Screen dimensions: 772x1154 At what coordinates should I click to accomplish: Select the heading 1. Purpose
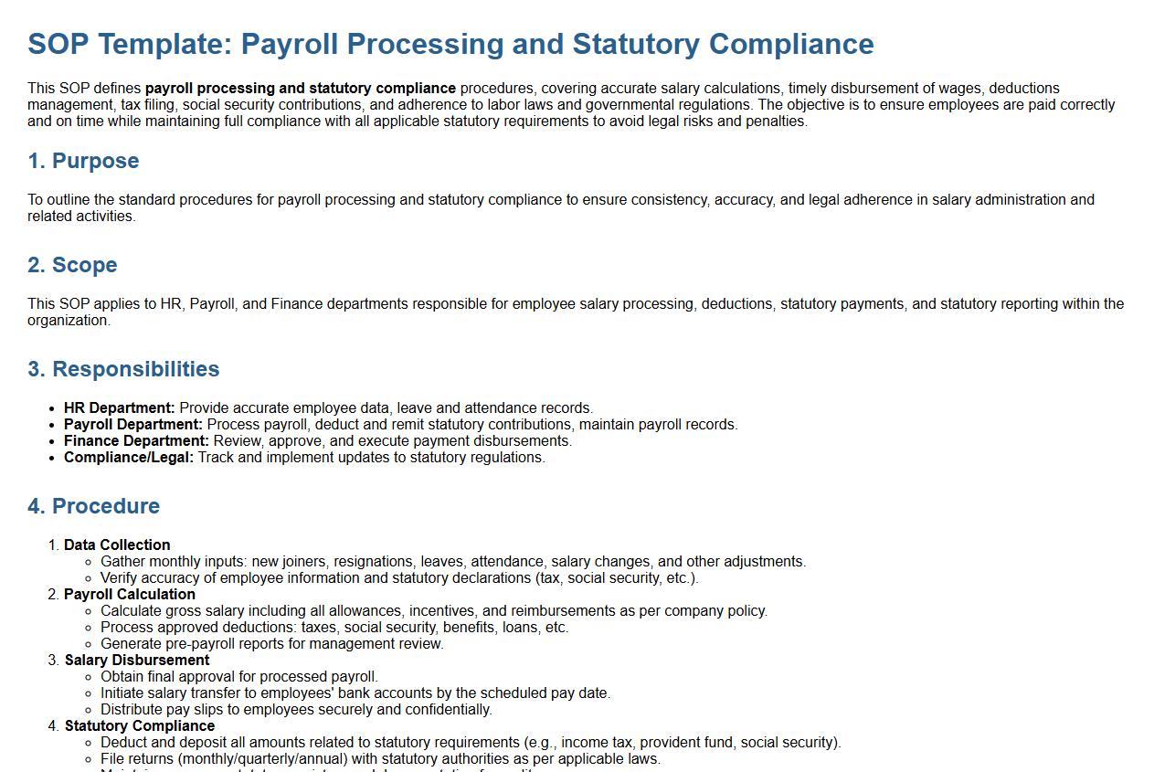[83, 161]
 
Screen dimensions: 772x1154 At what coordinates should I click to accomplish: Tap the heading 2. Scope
[72, 265]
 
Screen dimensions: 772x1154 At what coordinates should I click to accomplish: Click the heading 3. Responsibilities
[123, 369]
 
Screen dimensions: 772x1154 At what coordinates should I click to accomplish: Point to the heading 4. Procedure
[93, 506]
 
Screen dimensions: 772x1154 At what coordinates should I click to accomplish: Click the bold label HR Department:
[119, 408]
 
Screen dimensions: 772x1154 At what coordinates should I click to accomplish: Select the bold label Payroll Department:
[133, 425]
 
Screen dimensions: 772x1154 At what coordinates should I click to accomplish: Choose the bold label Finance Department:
[136, 441]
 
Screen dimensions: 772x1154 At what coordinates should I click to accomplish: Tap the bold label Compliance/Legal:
[129, 458]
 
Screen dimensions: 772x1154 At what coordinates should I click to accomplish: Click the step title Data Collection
[117, 545]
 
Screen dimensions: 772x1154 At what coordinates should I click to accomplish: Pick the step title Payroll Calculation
[130, 595]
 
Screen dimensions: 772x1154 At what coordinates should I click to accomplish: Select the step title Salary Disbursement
[137, 661]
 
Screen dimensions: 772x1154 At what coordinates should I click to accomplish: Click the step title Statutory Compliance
[140, 726]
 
